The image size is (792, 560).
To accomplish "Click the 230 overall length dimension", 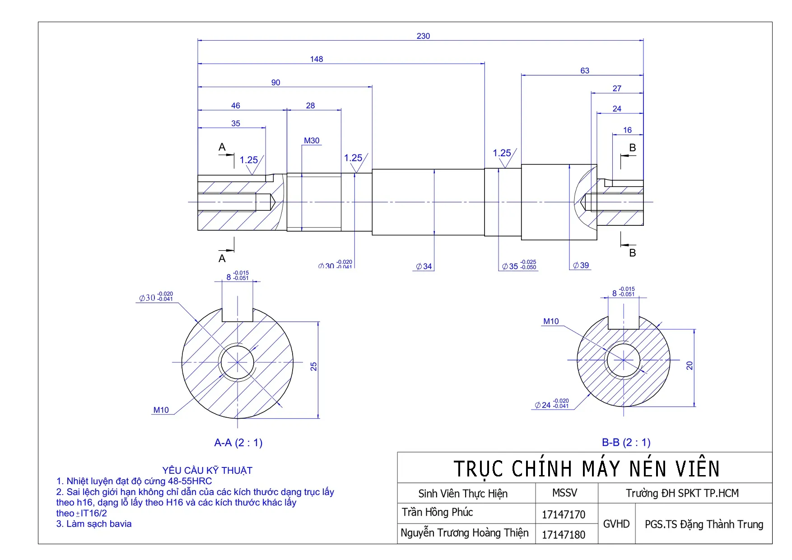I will point(423,36).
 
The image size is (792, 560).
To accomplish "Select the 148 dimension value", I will point(317,59).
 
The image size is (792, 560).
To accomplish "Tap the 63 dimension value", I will point(585,71).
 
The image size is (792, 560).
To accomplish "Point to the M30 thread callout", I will point(312,141).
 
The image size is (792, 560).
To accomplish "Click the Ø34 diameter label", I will point(424,266).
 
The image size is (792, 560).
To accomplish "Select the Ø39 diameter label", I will point(581,266).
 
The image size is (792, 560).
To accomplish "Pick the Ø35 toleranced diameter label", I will point(519,266).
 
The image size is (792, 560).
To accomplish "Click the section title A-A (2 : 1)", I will point(238,443).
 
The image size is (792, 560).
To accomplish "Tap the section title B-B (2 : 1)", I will point(626,443).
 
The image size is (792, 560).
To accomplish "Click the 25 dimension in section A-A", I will point(313,366).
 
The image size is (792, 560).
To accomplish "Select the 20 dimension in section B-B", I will point(690,365).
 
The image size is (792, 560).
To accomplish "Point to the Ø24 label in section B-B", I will point(552,404).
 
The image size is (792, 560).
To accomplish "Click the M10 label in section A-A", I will point(161,410).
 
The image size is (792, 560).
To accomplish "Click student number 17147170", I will point(564,514).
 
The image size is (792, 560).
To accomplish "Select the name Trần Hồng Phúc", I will point(438,512).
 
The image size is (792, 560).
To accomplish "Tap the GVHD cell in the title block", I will point(616,524).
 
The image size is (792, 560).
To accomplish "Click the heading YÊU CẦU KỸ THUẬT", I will point(207,471).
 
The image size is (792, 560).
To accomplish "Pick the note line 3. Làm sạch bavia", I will point(94,524).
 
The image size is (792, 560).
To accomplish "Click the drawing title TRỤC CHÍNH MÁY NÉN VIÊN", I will point(586,468).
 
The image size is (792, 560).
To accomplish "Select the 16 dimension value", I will point(628,130).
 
